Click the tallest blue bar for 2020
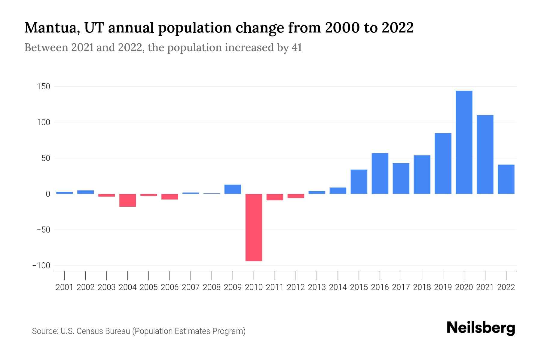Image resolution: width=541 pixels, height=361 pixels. [464, 142]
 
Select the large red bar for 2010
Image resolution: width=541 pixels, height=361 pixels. [254, 227]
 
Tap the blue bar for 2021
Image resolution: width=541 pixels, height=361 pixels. [485, 154]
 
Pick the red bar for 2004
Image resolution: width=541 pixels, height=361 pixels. [128, 200]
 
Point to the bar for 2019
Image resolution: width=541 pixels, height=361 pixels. [443, 163]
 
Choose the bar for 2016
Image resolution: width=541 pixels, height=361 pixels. [380, 173]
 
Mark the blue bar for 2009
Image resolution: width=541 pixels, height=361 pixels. [233, 189]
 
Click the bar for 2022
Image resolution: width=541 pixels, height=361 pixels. [506, 179]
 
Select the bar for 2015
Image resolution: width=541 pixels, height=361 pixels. [359, 182]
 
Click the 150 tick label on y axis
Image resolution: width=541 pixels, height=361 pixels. [44, 87]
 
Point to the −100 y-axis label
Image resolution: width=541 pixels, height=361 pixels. [41, 266]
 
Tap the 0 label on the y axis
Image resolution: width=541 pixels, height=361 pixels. [47, 194]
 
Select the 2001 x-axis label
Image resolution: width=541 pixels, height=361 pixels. [65, 287]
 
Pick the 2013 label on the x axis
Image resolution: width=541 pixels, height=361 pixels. [317, 287]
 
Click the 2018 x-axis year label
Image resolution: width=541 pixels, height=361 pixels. [422, 287]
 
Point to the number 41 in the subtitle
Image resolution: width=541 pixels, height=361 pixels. [296, 48]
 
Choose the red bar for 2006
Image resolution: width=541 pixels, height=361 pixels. [170, 197]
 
